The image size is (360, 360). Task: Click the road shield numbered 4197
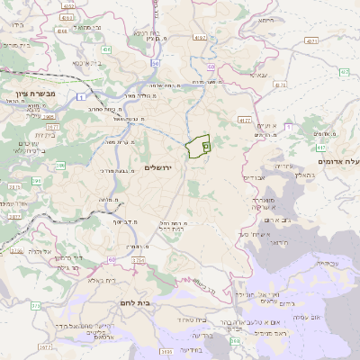(x=200, y=38)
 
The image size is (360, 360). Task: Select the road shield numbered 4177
(x=244, y=119)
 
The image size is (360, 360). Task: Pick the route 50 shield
(x=210, y=67)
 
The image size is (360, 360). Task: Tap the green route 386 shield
(x=61, y=165)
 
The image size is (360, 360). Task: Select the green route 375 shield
(x=35, y=306)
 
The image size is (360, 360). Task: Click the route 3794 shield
(x=139, y=260)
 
